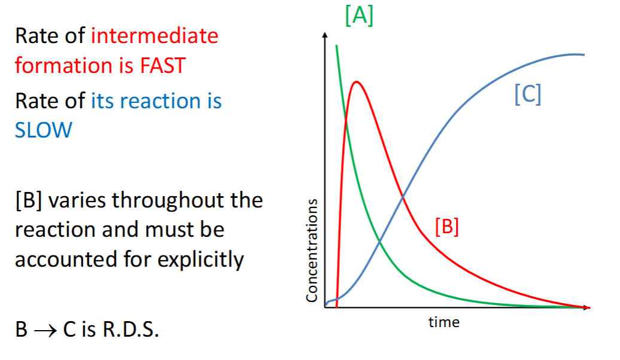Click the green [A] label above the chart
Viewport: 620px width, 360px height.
click(x=359, y=16)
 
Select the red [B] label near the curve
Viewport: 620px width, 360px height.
click(x=447, y=227)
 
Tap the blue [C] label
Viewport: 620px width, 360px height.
click(x=528, y=95)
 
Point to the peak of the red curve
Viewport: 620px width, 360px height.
click(x=357, y=82)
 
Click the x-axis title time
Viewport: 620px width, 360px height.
click(x=444, y=322)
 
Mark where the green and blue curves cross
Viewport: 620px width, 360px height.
click(x=380, y=242)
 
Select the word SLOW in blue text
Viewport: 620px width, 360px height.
click(x=43, y=130)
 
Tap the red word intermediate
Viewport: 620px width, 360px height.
click(x=154, y=36)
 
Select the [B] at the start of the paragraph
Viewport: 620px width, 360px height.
click(x=28, y=200)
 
